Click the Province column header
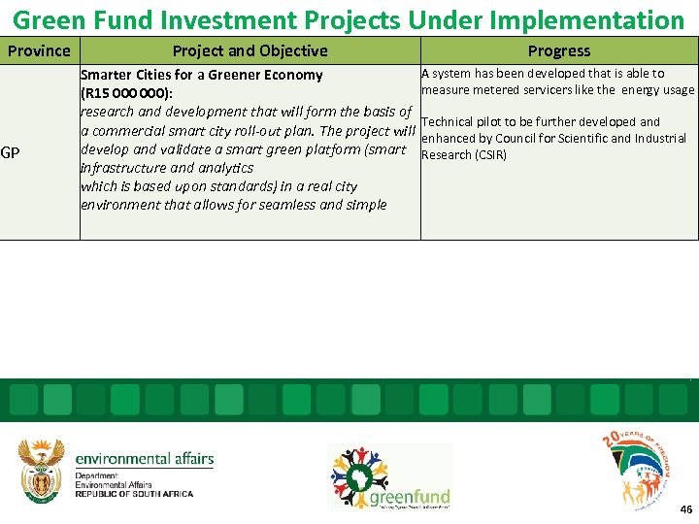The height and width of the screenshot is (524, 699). tap(39, 50)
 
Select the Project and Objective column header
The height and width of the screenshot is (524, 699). tap(250, 50)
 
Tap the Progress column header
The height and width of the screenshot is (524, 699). tap(558, 50)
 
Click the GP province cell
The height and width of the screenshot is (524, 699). tap(11, 152)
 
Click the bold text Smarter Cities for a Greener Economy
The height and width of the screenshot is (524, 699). tap(201, 75)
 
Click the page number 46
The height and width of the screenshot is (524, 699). tap(686, 509)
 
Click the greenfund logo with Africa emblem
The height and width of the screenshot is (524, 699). tap(390, 477)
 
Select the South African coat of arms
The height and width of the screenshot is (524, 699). tap(42, 471)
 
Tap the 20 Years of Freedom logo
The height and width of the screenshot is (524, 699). tap(638, 469)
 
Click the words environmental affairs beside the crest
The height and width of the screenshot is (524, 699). tap(144, 459)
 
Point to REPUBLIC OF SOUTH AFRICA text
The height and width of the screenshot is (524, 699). tap(134, 494)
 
